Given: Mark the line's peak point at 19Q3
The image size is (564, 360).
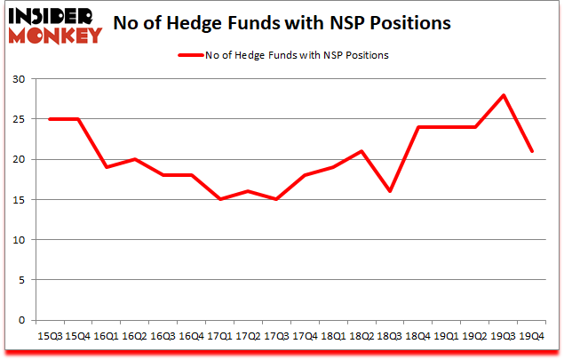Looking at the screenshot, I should coord(504,95).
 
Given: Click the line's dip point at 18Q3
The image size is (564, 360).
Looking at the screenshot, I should coord(390,191).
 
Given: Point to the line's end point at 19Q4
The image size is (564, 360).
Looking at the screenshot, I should coord(531,151).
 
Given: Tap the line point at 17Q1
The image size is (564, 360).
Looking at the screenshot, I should coord(219,199).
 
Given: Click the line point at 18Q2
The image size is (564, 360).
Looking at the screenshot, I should coord(361,151).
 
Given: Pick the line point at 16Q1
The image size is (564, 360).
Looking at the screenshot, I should coord(107,167).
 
